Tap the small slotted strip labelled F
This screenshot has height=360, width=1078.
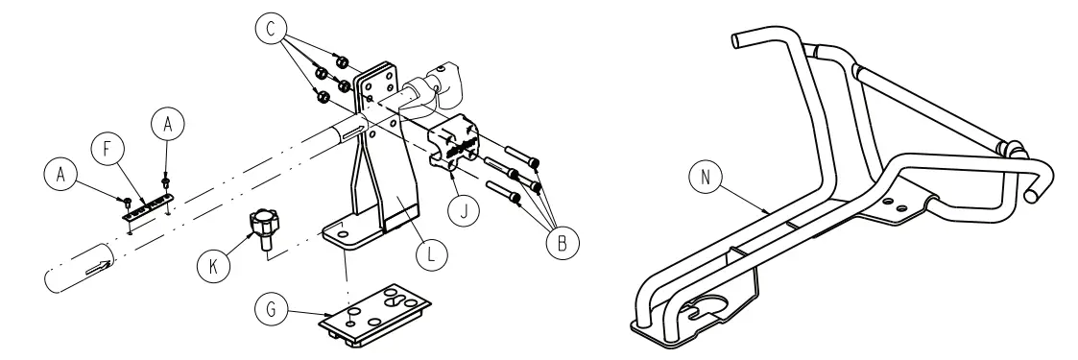[x=147, y=204]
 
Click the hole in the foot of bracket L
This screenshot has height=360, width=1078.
[x=342, y=228]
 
